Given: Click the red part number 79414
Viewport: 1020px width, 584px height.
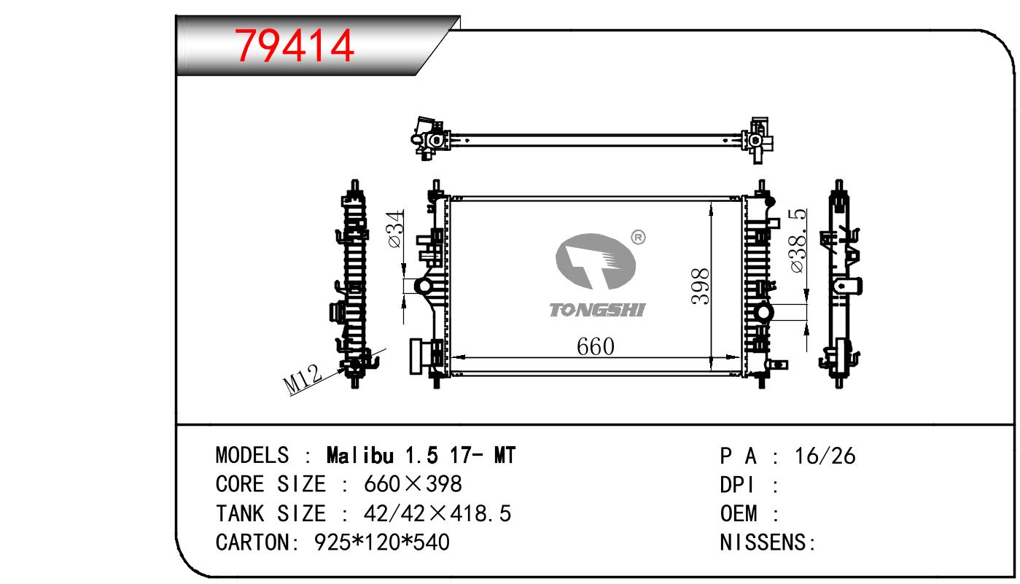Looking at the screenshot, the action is click(294, 45).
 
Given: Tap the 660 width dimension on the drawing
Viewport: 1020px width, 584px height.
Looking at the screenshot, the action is click(596, 347).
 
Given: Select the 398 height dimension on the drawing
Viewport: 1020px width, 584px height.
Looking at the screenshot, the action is click(701, 287).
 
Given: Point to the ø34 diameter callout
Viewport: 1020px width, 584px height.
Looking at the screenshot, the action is click(396, 229).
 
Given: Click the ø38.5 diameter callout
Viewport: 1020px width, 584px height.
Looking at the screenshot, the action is click(798, 241).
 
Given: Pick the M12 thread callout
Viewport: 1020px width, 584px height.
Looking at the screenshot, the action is click(303, 379).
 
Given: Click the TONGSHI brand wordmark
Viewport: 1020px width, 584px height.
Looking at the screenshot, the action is click(597, 310).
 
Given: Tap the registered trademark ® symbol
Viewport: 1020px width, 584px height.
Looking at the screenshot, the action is click(638, 237).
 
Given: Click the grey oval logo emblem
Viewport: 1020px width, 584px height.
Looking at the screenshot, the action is click(595, 261).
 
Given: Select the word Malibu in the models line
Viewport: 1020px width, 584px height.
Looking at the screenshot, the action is click(359, 456).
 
